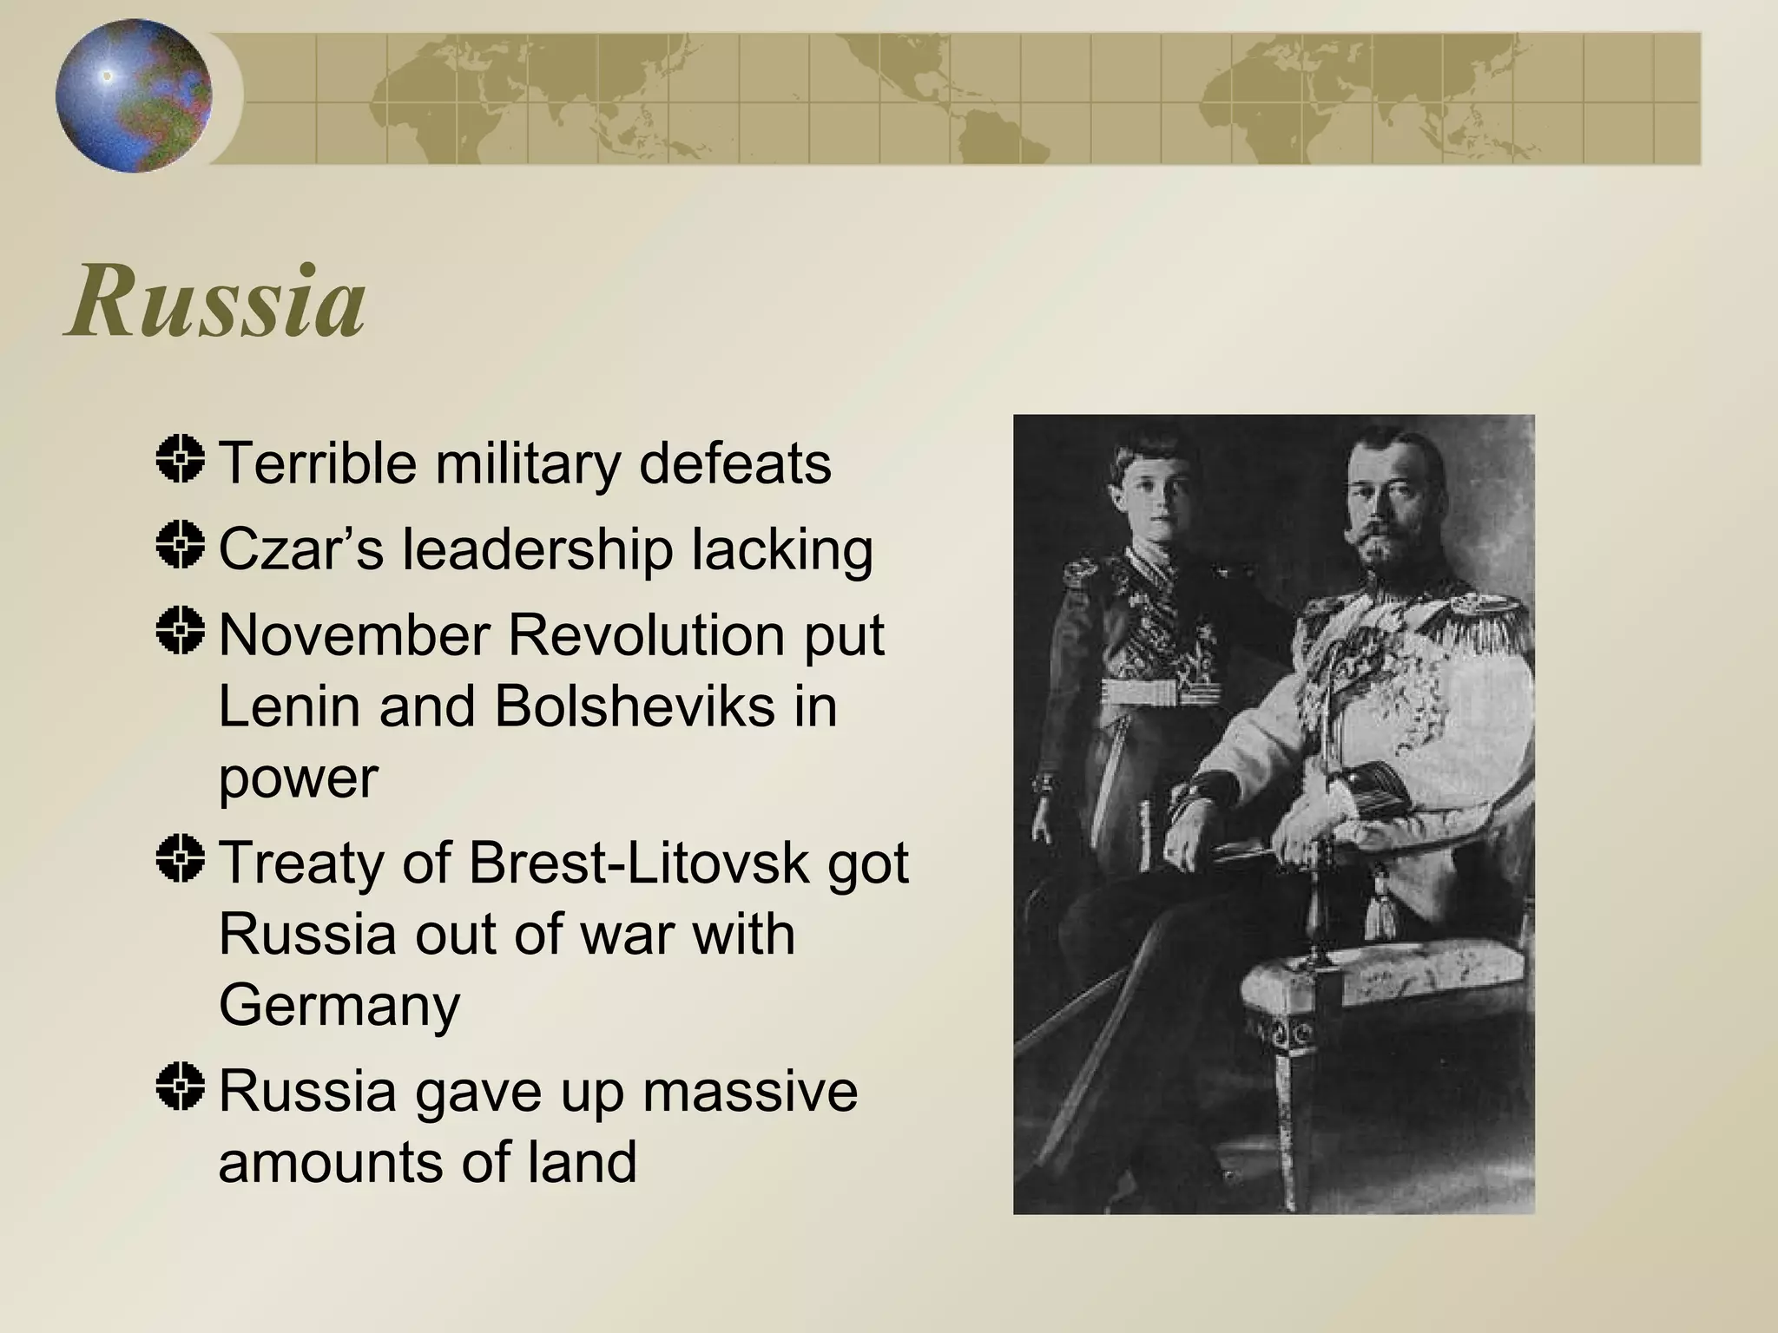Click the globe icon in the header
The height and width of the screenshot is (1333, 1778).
(x=134, y=95)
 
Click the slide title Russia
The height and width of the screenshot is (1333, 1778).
(x=215, y=301)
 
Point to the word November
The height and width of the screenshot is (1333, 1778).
(x=356, y=635)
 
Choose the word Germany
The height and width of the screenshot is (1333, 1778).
(x=339, y=1005)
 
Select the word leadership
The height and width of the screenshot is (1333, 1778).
(x=537, y=549)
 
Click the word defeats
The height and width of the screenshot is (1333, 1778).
(x=734, y=463)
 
